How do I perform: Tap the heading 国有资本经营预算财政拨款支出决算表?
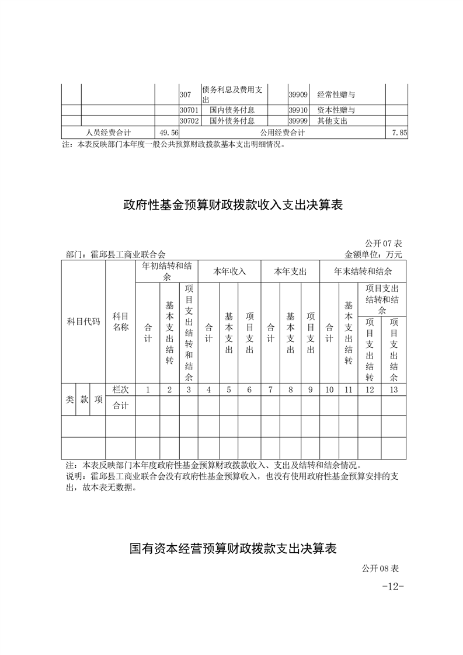tap(232, 548)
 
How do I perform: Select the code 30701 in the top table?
tap(189, 110)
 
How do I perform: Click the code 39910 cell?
tap(298, 110)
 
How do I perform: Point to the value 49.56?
tap(168, 133)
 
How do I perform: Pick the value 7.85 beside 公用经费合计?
tap(399, 133)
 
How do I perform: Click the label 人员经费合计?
tap(108, 133)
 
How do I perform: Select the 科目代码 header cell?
tap(83, 322)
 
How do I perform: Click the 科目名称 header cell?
tap(120, 322)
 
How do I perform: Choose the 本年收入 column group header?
tap(229, 271)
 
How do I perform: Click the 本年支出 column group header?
tap(290, 271)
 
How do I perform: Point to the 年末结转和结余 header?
tap(363, 271)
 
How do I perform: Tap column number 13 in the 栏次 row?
tap(394, 389)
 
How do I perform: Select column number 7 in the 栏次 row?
tap(270, 389)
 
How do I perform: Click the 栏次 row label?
tap(120, 389)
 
